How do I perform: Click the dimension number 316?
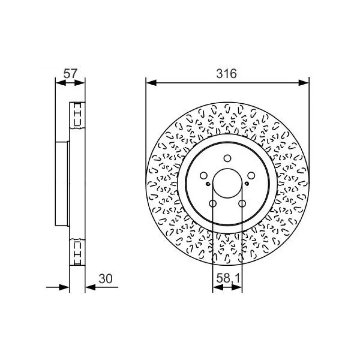click(226, 74)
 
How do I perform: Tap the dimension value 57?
click(70, 74)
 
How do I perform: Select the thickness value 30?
click(105, 279)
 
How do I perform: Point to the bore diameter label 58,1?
click(228, 279)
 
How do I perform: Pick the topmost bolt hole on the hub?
click(227, 158)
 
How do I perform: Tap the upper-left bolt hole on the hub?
click(204, 176)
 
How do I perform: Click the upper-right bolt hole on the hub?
click(251, 176)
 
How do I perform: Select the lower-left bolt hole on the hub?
click(213, 203)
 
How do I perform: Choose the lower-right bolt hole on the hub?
click(242, 203)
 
